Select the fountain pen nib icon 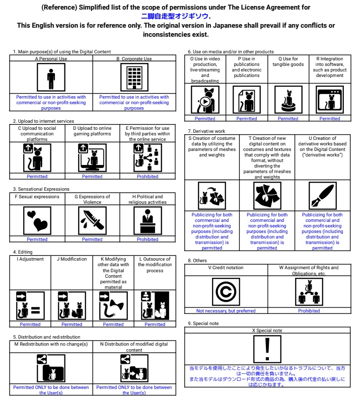(x=322, y=195)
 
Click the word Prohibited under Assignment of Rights (x=309, y=311)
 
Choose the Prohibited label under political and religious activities (x=148, y=240)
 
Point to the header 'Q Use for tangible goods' (x=288, y=61)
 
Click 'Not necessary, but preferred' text (x=226, y=311)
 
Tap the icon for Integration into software (x=330, y=100)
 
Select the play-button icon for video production (x=205, y=100)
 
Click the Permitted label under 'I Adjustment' (x=30, y=325)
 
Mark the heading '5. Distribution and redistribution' (x=47, y=337)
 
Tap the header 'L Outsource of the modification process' (x=155, y=265)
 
